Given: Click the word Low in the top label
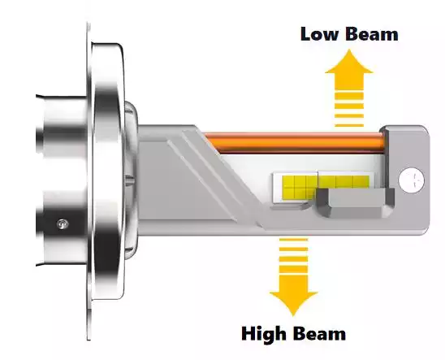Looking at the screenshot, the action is pos(320,34).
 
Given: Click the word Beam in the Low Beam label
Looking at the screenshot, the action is pos(373,34).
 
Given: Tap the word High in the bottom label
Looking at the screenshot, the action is pos(263,335).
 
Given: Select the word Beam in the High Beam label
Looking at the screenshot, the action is pos(320,334).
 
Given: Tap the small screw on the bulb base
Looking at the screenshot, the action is pos(63,224).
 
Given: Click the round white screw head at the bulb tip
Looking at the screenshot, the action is pos(412,180).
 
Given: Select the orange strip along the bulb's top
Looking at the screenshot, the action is pos(295,142).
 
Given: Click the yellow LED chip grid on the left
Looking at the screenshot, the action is pos(300,188).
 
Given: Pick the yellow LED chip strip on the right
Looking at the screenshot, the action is pos(344,182).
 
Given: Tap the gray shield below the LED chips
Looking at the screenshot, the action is pos(355,202).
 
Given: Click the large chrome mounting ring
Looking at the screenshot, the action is pos(108,171).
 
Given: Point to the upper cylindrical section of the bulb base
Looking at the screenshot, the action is pos(62,125).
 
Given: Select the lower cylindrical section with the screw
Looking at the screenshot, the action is pos(62,226).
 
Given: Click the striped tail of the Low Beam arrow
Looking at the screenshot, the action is pos(349,109).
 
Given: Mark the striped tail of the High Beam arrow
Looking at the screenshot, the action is pos(293,256).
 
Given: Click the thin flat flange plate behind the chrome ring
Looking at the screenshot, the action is pos(89,182).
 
